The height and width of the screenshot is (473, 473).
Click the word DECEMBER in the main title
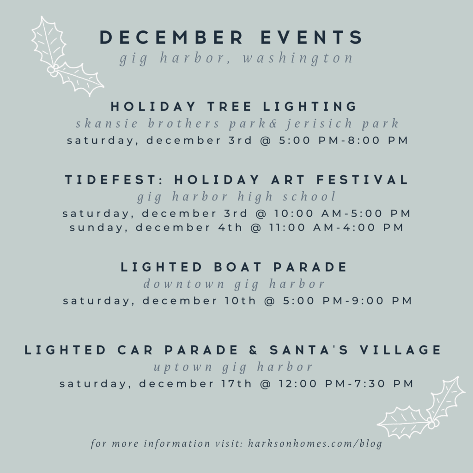[x=171, y=37]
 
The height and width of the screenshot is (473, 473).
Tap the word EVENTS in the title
[x=312, y=37]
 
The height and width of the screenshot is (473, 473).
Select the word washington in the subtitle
[x=298, y=58]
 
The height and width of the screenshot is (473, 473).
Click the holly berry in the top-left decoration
[x=52, y=71]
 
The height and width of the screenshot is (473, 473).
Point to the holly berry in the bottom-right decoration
[x=432, y=424]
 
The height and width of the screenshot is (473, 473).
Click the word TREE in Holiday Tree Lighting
[x=229, y=106]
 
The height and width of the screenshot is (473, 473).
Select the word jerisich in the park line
[x=319, y=123]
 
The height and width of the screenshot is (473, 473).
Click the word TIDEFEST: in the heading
[x=114, y=180]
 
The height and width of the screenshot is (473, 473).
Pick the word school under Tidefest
[x=309, y=196]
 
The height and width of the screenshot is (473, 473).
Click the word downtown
[x=184, y=284]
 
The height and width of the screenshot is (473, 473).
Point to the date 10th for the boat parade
[x=240, y=300]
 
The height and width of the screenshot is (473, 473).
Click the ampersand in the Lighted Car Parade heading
[x=254, y=350]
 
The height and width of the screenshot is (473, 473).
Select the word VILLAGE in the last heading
[x=400, y=350]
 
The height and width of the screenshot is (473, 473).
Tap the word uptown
[x=183, y=367]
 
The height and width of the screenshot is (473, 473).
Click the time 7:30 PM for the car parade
[x=383, y=383]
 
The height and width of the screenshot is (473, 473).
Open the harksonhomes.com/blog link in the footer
[x=315, y=443]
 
